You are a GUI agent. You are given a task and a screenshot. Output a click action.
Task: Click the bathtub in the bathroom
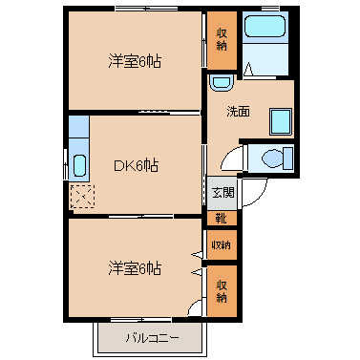[x=265, y=26]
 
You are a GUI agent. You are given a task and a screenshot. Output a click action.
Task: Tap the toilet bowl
[x=272, y=159]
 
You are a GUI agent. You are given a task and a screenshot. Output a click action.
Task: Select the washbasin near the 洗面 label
[x=222, y=83]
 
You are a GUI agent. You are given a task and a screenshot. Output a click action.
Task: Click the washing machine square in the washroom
[x=281, y=121]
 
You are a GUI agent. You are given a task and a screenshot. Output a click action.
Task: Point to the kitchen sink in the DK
[x=79, y=165]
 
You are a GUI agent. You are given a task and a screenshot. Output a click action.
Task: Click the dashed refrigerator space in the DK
[x=82, y=197]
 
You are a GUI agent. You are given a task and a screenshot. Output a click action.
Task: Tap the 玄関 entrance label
[x=223, y=193]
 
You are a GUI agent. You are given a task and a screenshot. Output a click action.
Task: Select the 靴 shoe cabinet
[x=222, y=219]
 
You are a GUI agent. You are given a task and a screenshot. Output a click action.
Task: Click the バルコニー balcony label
[x=152, y=338]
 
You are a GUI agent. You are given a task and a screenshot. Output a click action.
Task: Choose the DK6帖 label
[x=136, y=165]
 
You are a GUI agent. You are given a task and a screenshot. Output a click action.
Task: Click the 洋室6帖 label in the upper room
[x=135, y=61]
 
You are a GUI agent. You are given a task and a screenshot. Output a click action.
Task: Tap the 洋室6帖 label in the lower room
[x=135, y=268]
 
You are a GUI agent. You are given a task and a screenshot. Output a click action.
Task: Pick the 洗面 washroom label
[x=238, y=112]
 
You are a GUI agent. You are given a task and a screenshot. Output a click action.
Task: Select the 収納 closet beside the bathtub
[x=222, y=40]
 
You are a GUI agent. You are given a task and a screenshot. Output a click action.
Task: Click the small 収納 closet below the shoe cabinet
[x=222, y=244]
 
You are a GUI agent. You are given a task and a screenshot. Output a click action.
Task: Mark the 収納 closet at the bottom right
[x=222, y=291]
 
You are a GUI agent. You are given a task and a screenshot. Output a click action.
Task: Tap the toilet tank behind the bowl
[x=288, y=159]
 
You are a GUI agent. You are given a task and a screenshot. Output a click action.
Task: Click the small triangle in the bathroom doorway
[x=248, y=69]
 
